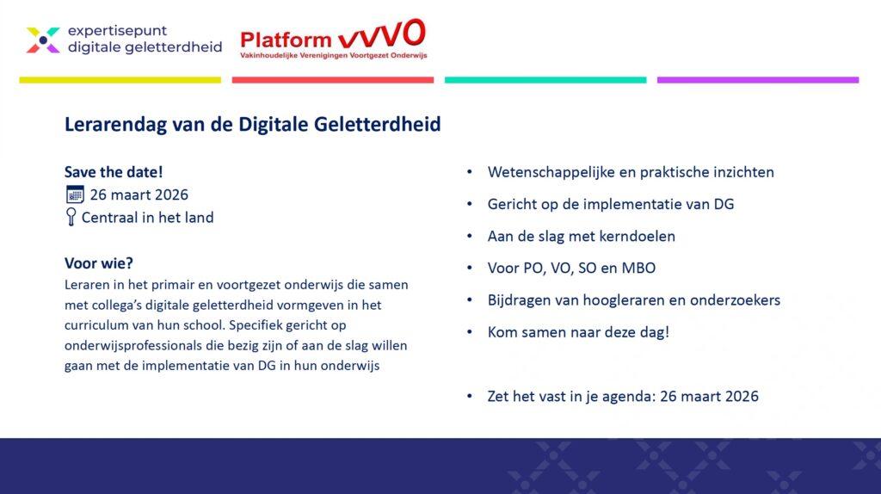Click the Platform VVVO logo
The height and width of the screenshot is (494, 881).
(333, 39)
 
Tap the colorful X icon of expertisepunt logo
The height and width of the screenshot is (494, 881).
(43, 40)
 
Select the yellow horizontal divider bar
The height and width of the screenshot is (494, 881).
(120, 80)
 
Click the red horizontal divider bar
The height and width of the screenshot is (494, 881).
(333, 80)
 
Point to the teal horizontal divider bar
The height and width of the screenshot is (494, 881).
(545, 80)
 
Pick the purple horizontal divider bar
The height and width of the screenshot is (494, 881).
(758, 80)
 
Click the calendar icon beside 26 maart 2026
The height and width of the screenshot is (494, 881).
(75, 195)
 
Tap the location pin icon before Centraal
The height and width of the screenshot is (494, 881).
(71, 217)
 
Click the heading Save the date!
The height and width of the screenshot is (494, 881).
(114, 172)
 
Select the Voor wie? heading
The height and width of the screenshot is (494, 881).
(99, 263)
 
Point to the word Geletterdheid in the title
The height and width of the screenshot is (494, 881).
(377, 124)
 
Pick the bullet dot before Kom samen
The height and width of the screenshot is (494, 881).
(470, 332)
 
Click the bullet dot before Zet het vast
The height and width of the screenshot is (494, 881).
(470, 396)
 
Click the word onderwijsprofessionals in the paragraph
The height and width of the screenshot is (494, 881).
(133, 346)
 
